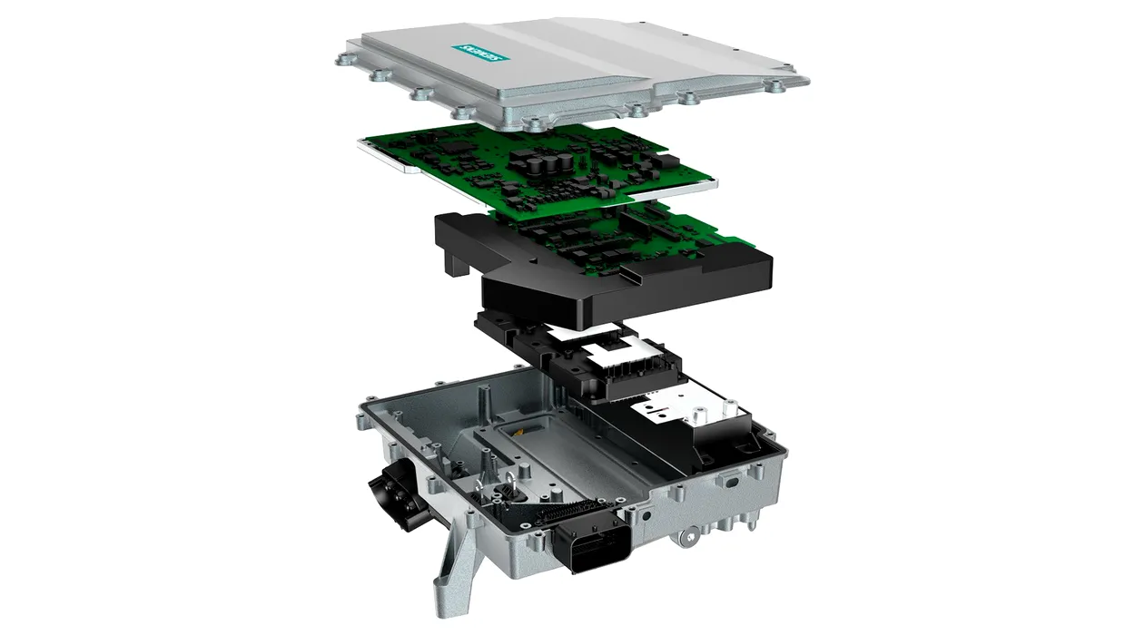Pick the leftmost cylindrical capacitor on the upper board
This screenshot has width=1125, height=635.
click(x=518, y=161)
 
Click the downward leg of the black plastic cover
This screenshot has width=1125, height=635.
click(x=456, y=261)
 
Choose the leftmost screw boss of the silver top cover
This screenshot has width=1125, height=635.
click(x=343, y=61)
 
